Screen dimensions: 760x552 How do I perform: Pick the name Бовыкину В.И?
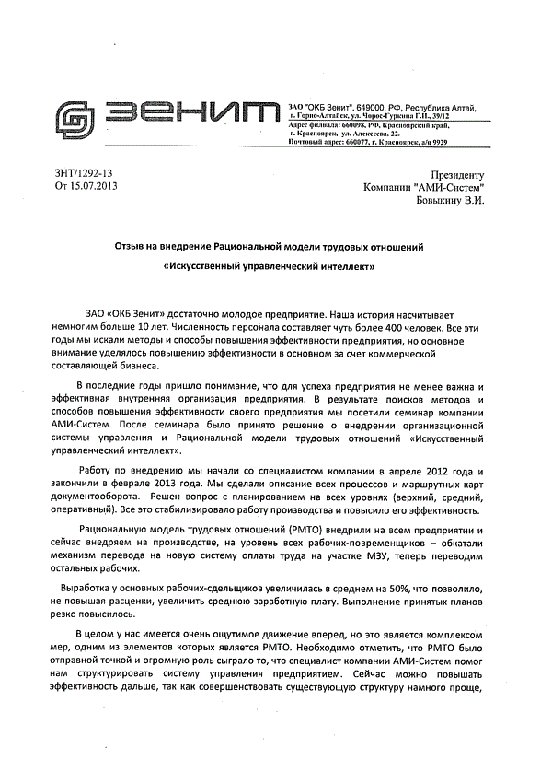[449, 200]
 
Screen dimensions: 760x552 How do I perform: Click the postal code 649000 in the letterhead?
[370, 108]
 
